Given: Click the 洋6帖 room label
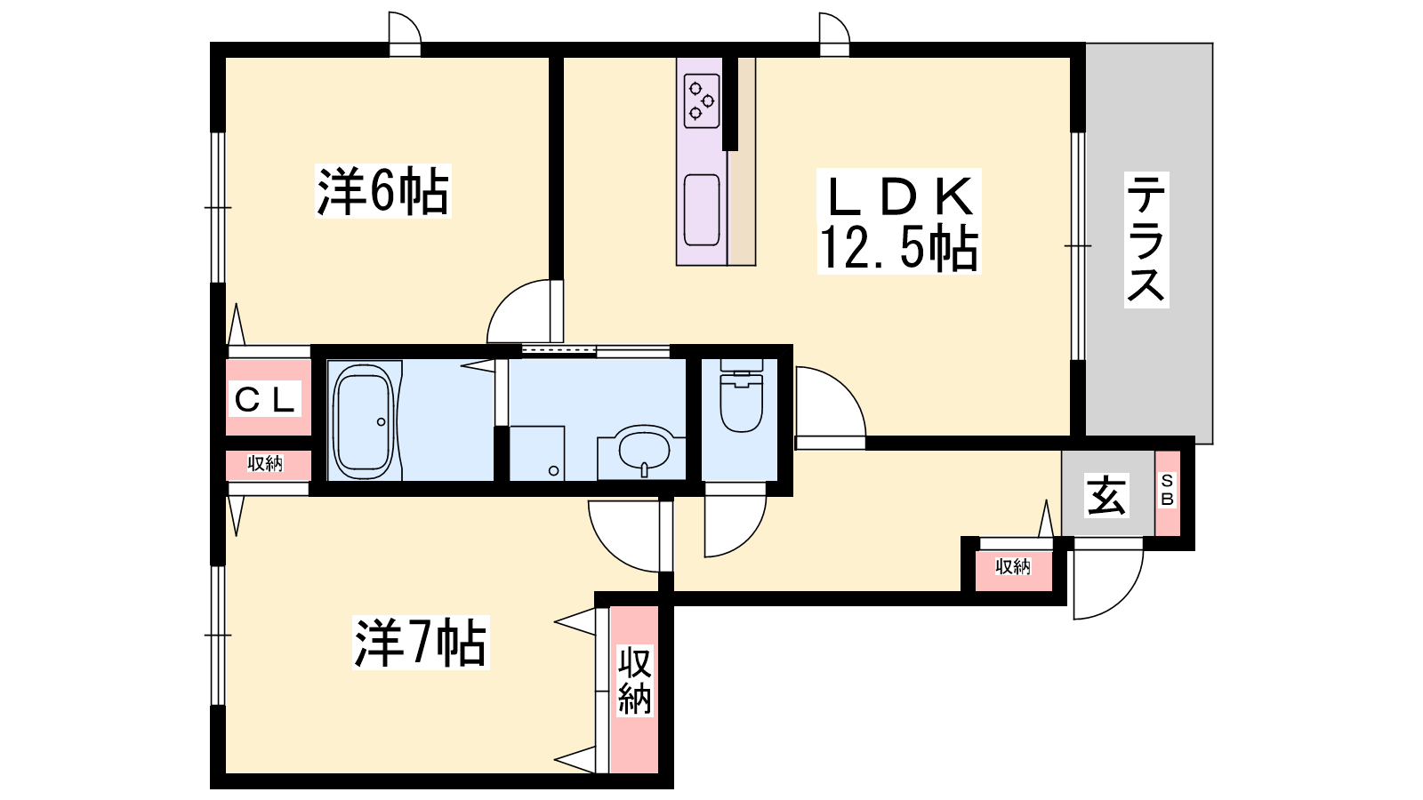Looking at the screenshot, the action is [x=383, y=190].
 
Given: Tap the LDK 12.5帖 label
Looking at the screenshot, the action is [x=899, y=221].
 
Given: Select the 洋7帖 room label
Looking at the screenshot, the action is [x=420, y=642].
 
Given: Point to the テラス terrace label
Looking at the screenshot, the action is [x=1146, y=239].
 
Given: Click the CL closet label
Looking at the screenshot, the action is [x=265, y=399].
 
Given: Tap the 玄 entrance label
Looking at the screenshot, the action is [x=1106, y=494].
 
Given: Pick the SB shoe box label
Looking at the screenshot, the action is [x=1167, y=490].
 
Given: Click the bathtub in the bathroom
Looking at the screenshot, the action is [x=364, y=421].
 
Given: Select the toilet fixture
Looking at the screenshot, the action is [x=741, y=395].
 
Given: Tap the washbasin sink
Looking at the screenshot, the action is [x=644, y=450].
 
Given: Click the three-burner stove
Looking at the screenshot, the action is [x=702, y=100].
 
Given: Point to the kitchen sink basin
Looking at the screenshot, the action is [x=702, y=210].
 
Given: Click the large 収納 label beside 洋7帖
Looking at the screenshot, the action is [x=635, y=681].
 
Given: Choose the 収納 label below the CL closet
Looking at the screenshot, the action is [x=265, y=464].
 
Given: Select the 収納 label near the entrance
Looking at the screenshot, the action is [x=1013, y=566].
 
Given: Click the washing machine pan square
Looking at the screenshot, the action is [x=537, y=453].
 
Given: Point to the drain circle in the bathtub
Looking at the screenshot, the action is [x=382, y=421].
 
